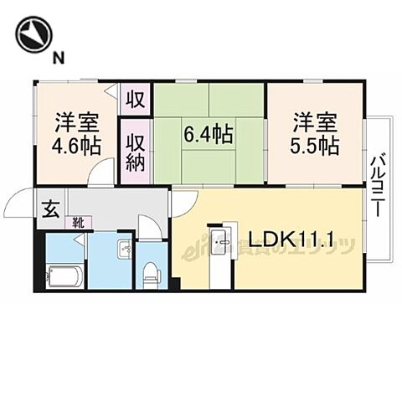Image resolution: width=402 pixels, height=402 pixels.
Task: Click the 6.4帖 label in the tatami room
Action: (208, 132)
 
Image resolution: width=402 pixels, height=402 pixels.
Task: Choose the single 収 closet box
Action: (134, 100)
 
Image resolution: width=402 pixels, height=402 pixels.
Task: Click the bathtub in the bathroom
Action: (63, 274)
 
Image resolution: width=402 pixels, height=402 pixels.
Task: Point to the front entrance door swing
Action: (18, 205)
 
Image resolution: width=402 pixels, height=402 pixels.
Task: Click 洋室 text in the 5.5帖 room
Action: (316, 122)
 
